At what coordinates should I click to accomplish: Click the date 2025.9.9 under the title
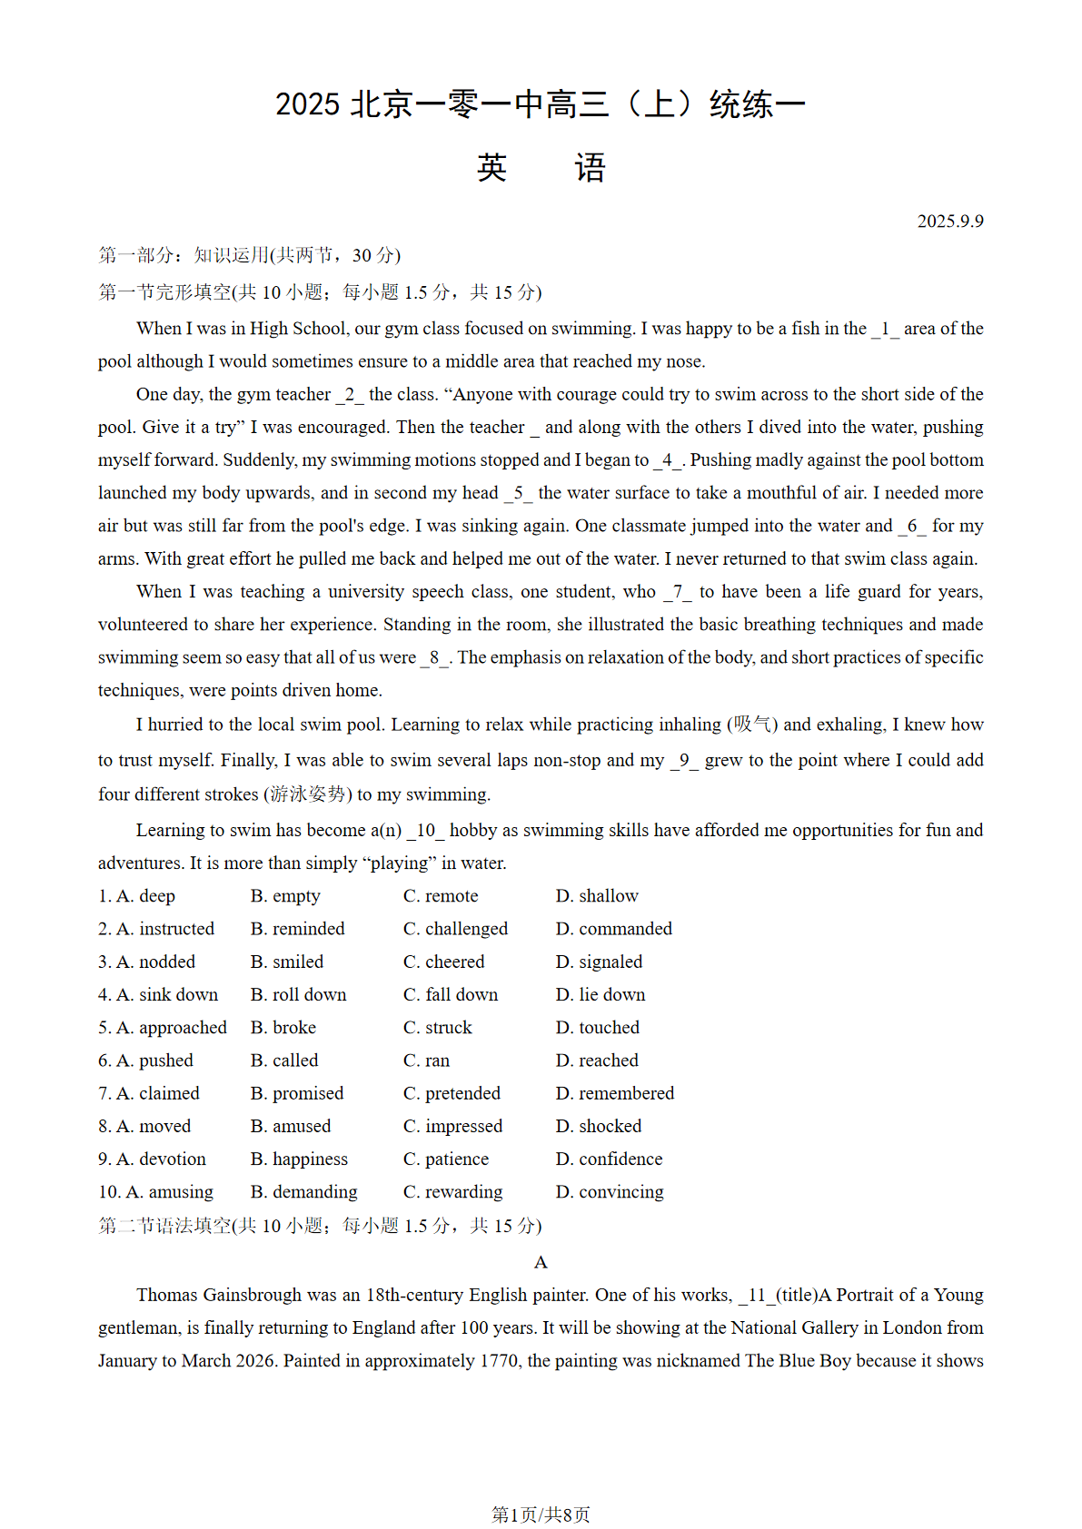[949, 222]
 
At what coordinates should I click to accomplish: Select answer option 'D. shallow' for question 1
[597, 896]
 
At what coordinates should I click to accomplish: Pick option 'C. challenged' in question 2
[455, 929]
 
